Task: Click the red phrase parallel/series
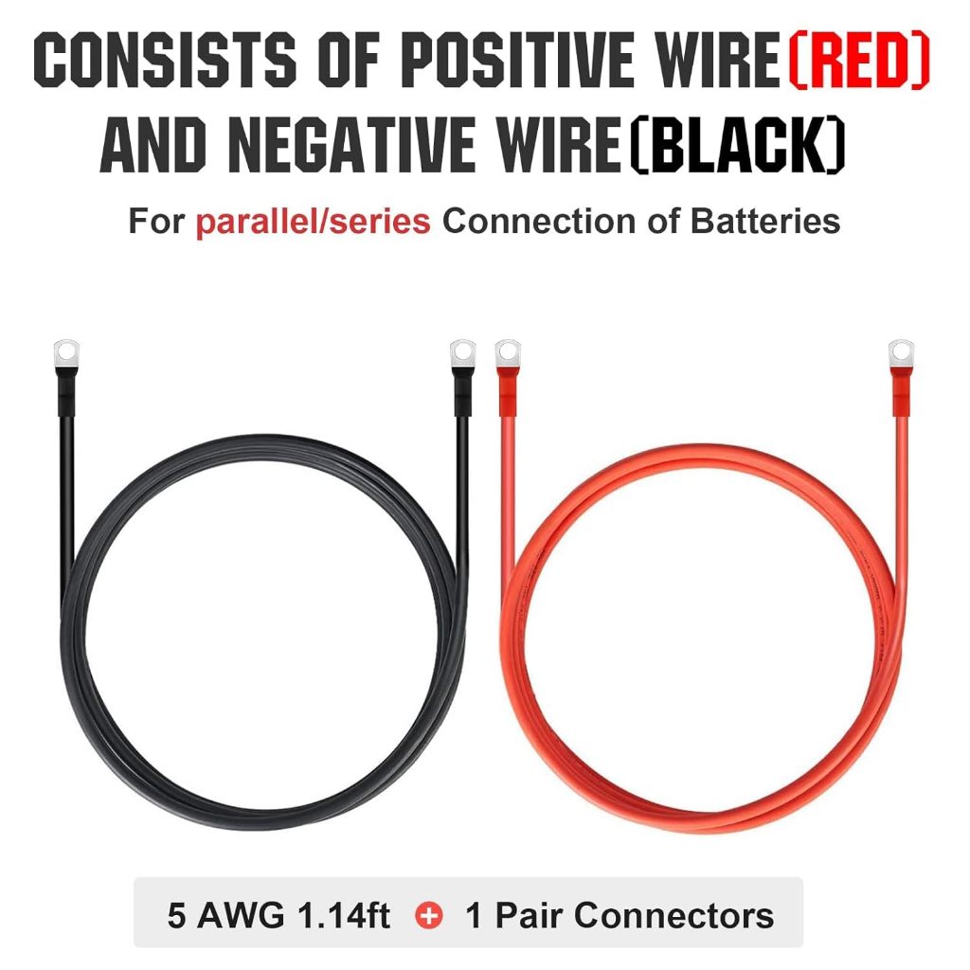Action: click(314, 222)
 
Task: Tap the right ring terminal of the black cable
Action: click(461, 353)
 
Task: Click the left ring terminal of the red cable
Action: click(507, 353)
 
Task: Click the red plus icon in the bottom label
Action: click(430, 915)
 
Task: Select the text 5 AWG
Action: click(224, 915)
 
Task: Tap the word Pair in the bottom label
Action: click(530, 915)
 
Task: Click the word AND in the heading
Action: click(154, 149)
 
